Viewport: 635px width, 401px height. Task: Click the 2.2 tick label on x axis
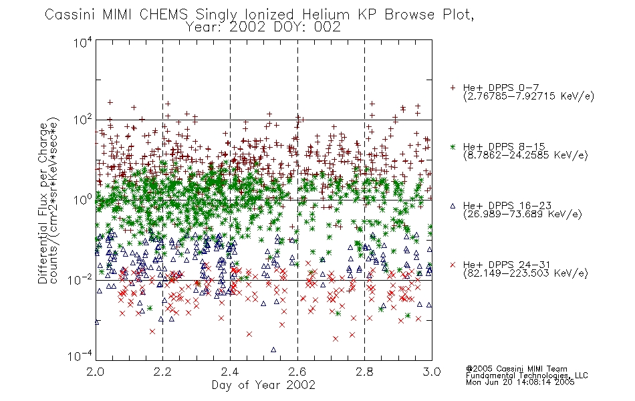(x=162, y=372)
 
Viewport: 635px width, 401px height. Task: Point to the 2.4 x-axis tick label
(x=230, y=372)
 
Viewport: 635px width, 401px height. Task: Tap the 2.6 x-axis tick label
(x=297, y=372)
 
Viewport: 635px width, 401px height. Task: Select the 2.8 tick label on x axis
(x=364, y=372)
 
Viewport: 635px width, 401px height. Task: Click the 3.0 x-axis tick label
(x=432, y=372)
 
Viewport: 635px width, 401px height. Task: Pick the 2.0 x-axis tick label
(x=95, y=372)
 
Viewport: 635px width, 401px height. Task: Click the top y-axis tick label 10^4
(x=83, y=42)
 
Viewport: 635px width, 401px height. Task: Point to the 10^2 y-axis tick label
(x=83, y=120)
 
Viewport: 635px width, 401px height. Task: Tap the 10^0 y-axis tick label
(x=83, y=200)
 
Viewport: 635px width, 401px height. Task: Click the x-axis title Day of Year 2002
(x=263, y=385)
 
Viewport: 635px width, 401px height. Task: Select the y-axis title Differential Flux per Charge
(x=43, y=203)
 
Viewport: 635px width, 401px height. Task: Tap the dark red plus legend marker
(x=453, y=88)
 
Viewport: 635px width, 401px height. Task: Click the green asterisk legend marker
(x=453, y=146)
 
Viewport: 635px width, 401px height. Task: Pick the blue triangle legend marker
(x=453, y=206)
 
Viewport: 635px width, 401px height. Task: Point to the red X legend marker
(x=453, y=265)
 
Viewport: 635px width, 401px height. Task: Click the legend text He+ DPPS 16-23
(x=507, y=206)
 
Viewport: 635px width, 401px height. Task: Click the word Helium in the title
(x=326, y=15)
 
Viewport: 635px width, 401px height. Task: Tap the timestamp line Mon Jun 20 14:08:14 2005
(x=520, y=382)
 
